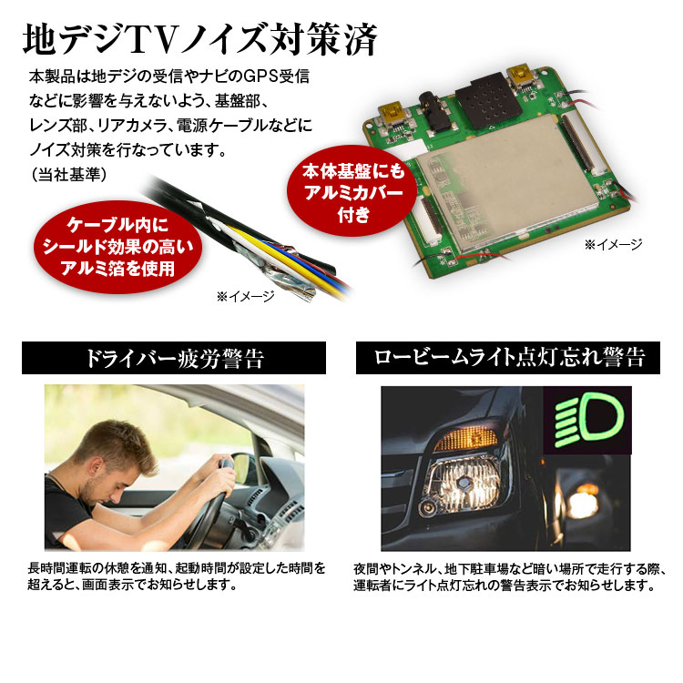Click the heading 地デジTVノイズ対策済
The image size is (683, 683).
200,40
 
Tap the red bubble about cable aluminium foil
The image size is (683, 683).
117,247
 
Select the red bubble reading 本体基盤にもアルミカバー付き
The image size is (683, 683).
352,192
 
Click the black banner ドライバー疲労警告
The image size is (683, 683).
174,358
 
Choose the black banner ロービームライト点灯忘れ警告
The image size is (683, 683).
508,358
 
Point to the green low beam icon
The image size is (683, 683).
588,417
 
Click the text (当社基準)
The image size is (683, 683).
68,175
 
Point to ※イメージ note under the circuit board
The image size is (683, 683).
614,245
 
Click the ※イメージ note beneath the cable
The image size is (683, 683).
246,297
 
